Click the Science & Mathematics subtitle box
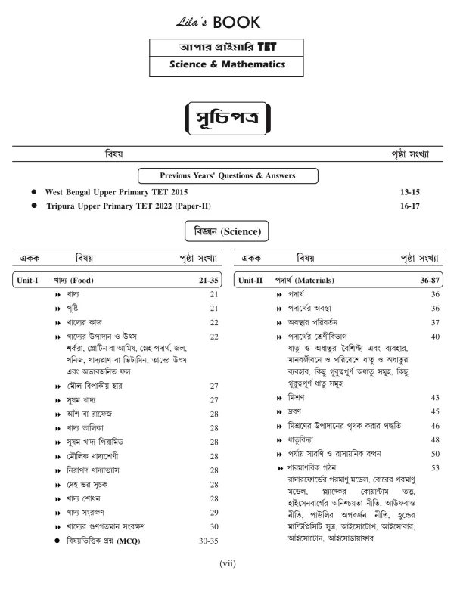coord(231,65)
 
